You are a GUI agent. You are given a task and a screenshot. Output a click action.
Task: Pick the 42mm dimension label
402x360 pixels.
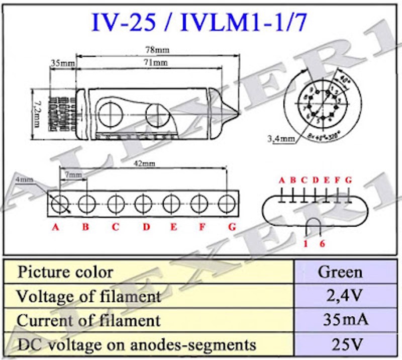pos(145,164)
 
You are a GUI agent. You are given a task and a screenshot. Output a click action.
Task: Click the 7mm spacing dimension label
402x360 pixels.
pos(73,174)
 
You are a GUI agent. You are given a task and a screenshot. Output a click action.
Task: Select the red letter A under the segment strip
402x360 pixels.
pos(56,227)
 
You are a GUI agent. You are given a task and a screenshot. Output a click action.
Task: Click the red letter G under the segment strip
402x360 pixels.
pos(232,227)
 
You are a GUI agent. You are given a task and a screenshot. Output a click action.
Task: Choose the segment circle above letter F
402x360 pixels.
pos(199,204)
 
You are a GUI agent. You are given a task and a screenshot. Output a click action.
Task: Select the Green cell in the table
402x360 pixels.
pos(340,272)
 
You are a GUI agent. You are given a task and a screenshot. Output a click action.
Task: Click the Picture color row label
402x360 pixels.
pos(66,272)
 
